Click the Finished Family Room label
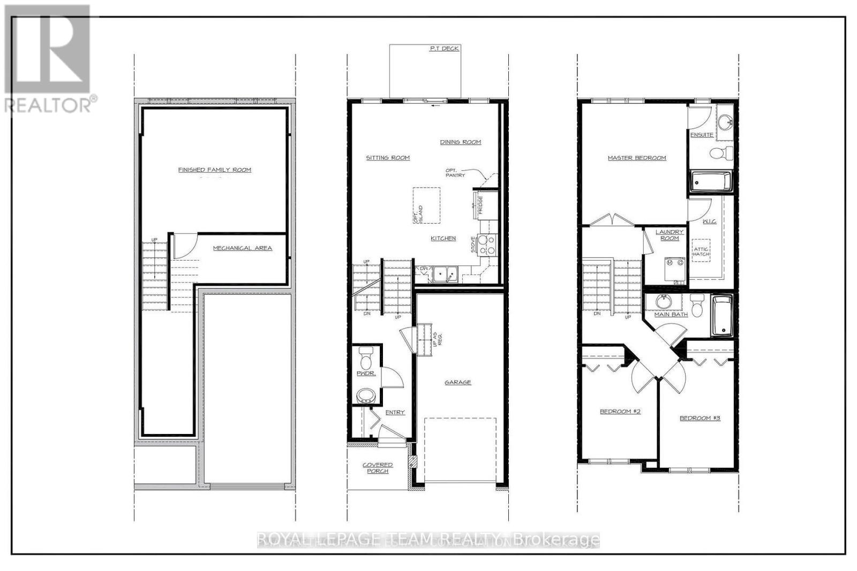click(x=214, y=170)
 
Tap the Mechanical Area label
click(x=242, y=248)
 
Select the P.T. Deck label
click(x=444, y=49)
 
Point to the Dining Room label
click(x=460, y=142)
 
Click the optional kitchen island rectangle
click(x=426, y=206)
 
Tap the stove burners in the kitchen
click(x=487, y=245)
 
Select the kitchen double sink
click(x=445, y=274)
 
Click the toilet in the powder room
click(x=367, y=355)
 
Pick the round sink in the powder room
click(x=367, y=396)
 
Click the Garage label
click(x=457, y=383)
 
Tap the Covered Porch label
click(x=378, y=468)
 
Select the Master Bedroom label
click(x=636, y=158)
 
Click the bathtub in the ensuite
click(x=710, y=181)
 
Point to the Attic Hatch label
click(x=701, y=252)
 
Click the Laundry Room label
click(x=670, y=235)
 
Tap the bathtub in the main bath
click(x=721, y=316)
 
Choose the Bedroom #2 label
click(x=620, y=412)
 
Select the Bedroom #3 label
click(x=700, y=418)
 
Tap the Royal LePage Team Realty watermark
click(x=428, y=539)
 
